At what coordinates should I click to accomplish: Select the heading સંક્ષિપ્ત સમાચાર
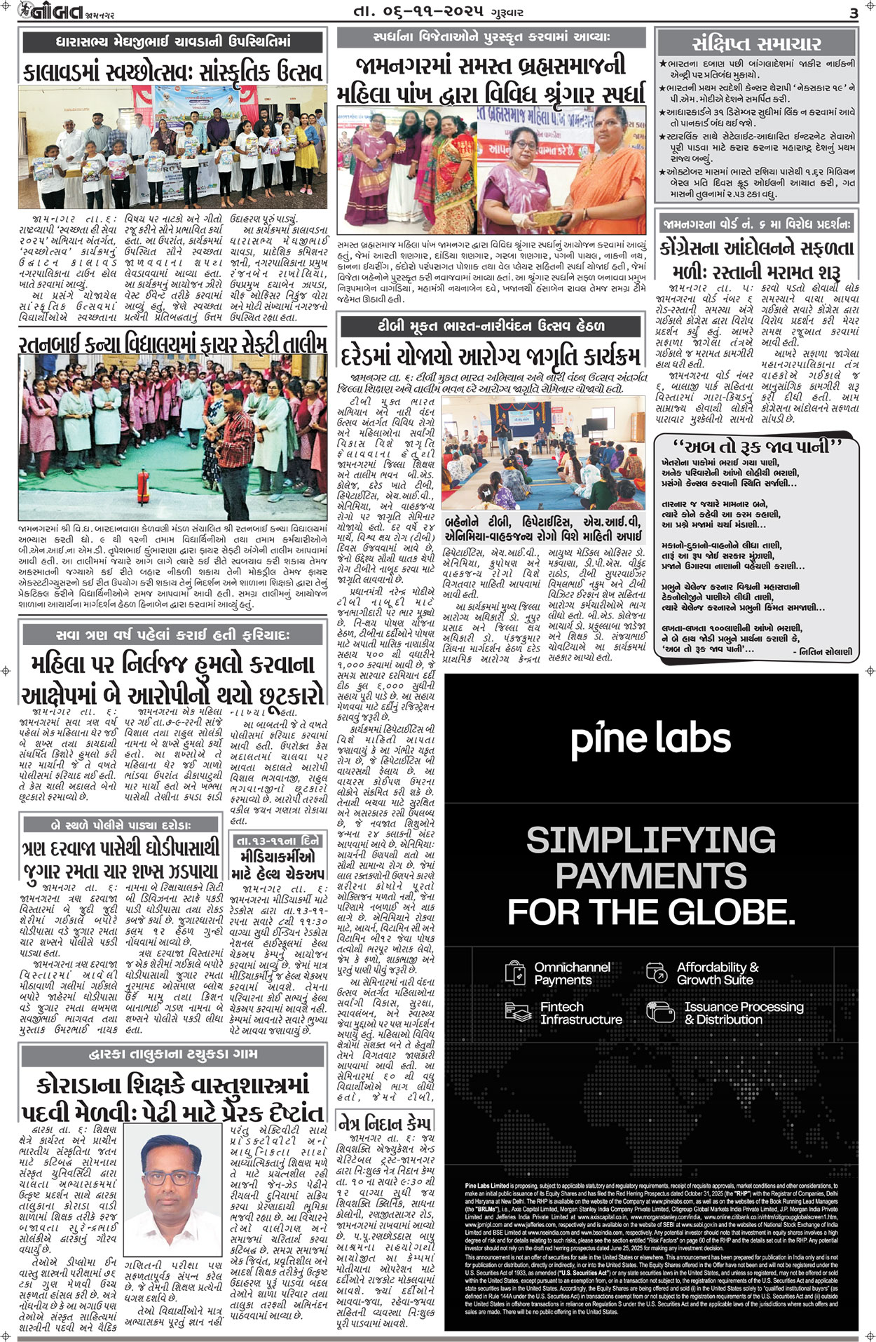pos(756,43)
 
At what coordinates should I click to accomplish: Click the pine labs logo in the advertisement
pos(650,739)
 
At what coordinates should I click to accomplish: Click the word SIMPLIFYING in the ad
pos(650,840)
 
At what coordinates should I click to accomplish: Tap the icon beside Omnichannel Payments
pos(515,972)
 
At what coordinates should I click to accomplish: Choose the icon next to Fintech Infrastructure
pos(515,1012)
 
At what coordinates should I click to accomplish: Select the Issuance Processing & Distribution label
pos(743,1012)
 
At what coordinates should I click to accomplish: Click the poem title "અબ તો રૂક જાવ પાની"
pos(755,447)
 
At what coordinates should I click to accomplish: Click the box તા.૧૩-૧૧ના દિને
pos(278,841)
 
